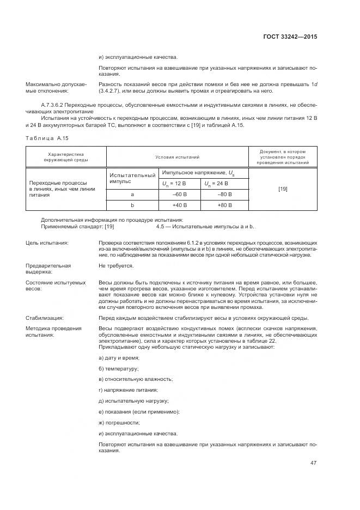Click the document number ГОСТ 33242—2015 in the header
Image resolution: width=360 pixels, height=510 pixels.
pos(289,37)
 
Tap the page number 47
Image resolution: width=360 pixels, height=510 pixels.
pos(313,463)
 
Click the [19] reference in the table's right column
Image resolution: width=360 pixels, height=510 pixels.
pos(283,189)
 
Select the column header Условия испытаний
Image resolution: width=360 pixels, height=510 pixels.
pos(177,157)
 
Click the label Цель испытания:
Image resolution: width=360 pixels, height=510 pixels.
pos(47,242)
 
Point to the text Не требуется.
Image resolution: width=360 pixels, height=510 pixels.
pos(115,266)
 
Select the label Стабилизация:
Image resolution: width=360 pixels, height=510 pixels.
pos(45,318)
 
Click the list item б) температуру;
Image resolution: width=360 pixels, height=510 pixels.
pos(119,368)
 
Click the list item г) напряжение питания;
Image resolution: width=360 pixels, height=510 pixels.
pos(128,390)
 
